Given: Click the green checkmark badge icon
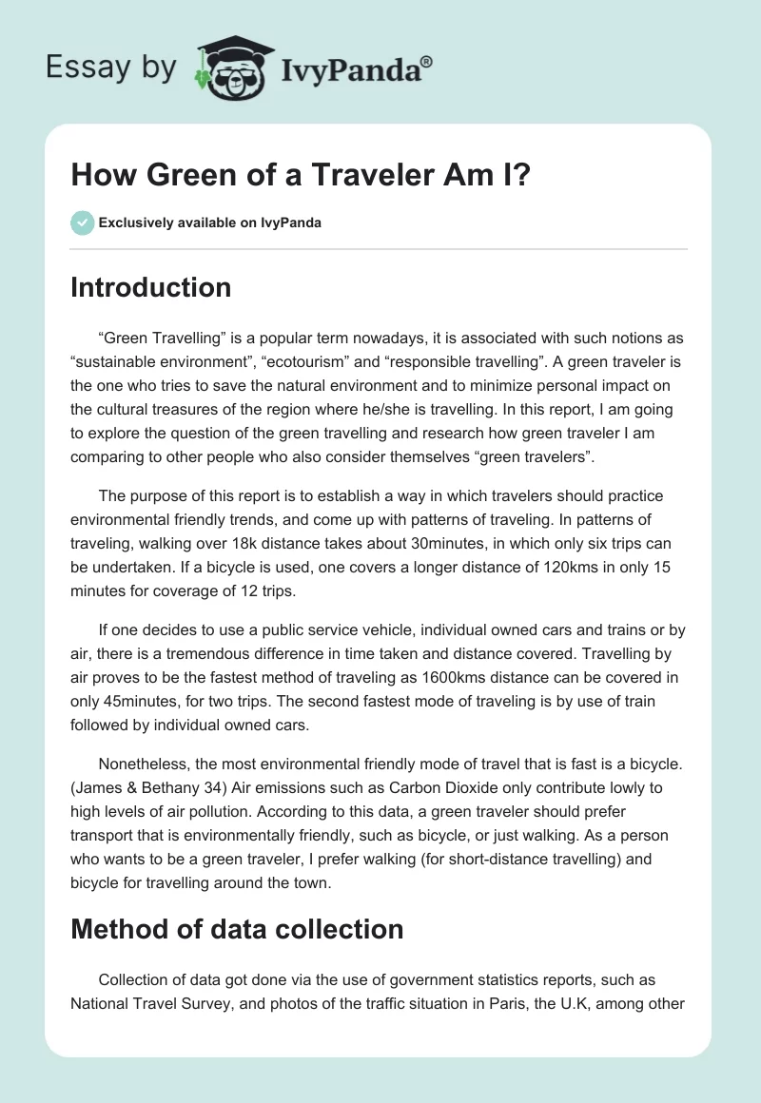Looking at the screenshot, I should coord(82,223).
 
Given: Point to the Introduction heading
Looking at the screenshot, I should coord(150,287).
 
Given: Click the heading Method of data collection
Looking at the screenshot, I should coord(237,928).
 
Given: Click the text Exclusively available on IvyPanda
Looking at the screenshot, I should coord(210,223).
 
